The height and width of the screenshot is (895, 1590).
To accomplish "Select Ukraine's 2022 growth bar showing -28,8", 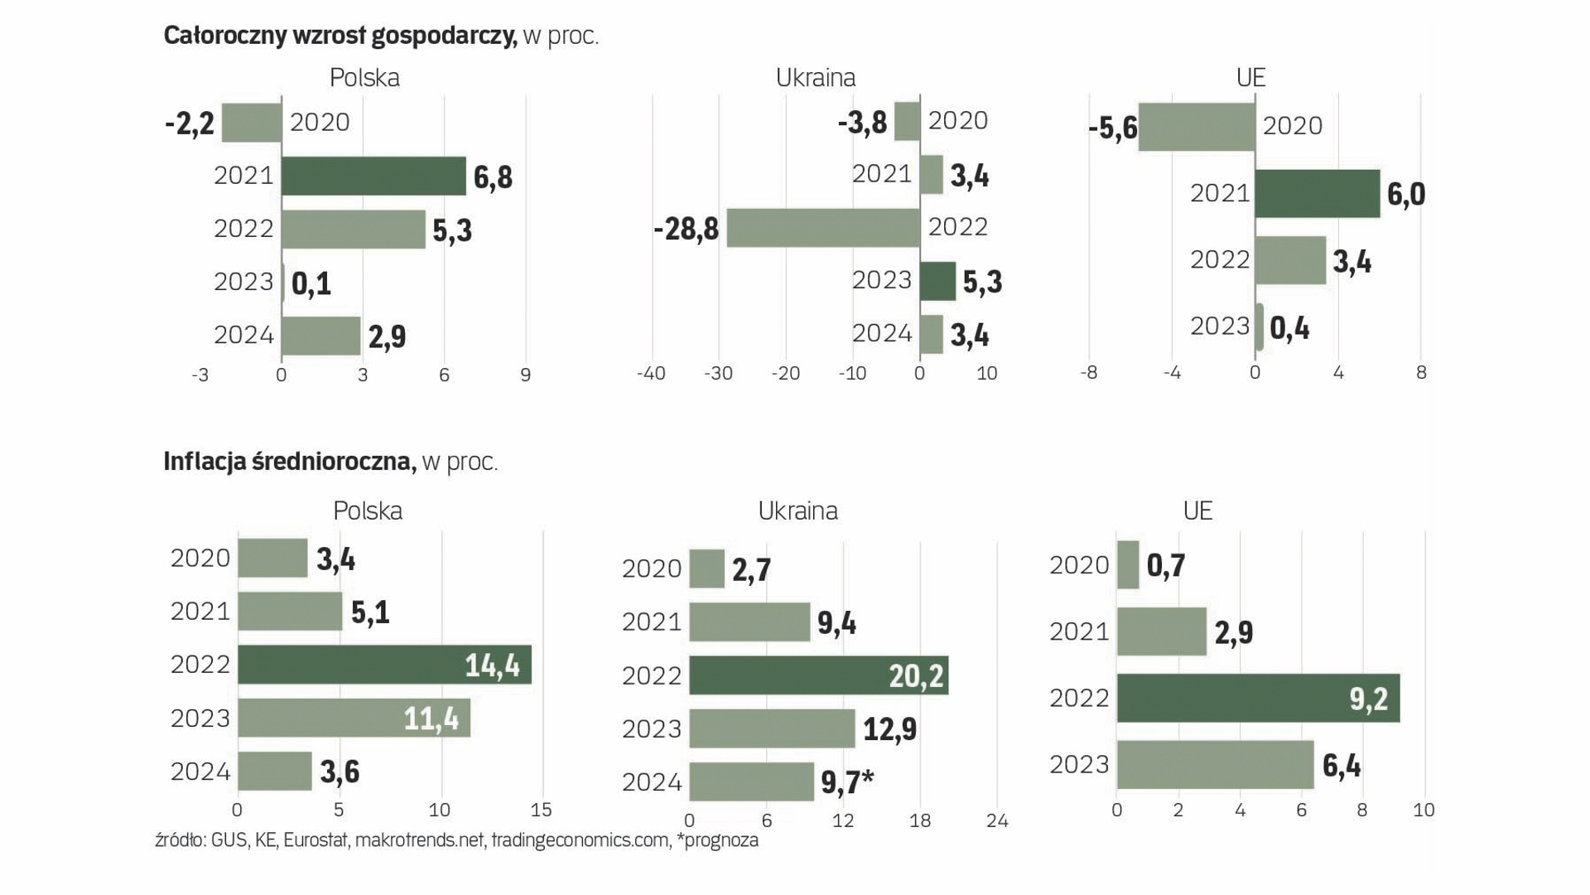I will pos(823,228).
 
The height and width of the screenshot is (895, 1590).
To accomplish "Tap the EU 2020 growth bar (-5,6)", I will pos(1197,127).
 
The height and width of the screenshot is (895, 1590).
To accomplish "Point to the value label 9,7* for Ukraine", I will pos(847,782).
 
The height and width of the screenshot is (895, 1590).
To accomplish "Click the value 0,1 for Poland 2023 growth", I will pos(311,283).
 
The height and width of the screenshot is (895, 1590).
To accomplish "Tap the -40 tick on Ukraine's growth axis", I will pos(651,374).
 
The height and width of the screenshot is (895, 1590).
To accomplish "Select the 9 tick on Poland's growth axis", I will pos(526,375).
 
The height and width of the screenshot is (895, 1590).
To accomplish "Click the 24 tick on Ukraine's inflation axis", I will pos(997,821).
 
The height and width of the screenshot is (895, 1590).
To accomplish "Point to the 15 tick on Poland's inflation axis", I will pos(541,810).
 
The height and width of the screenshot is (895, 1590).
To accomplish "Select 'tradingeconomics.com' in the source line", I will pos(580,840).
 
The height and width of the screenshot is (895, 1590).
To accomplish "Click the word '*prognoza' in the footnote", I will pos(717,840).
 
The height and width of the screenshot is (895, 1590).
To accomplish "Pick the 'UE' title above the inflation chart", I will pos(1197,510).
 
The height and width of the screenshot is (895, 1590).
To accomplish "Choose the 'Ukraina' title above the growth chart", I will pos(815,78).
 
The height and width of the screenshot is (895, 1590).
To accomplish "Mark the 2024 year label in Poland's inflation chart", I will pos(200,772).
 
